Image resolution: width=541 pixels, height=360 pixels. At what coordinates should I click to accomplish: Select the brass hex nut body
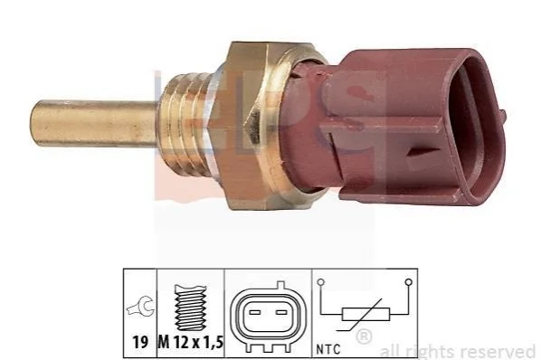252,126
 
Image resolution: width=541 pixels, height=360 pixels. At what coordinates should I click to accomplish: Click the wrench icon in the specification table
140,307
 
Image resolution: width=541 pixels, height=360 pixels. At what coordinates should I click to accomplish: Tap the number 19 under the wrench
140,342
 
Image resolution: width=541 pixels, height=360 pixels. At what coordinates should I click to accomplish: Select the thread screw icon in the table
191,308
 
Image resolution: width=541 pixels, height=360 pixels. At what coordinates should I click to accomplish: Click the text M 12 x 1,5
191,342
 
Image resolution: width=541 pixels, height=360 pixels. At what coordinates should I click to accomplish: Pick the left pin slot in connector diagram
254,312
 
